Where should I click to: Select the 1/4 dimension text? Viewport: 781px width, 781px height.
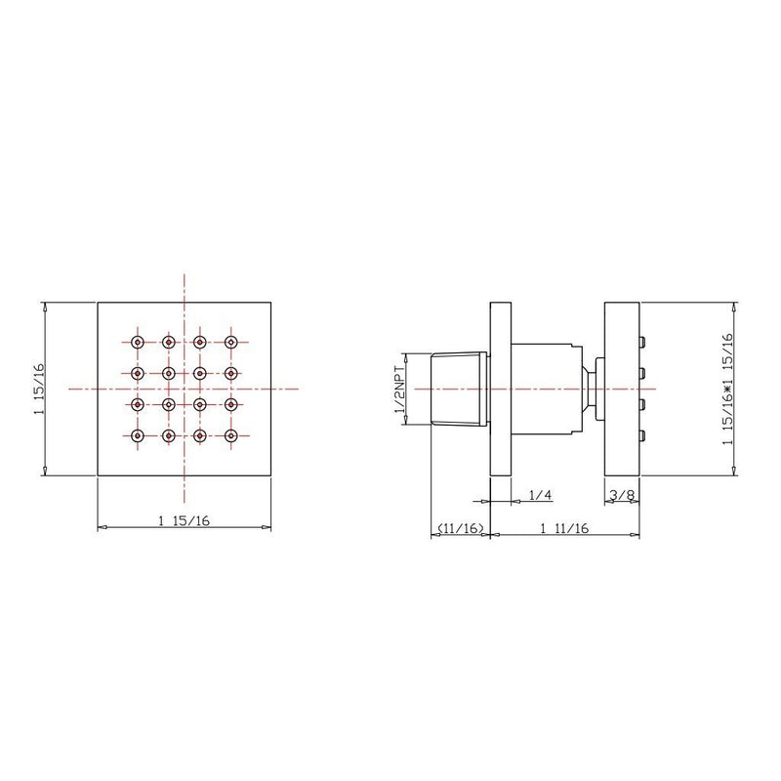tap(540, 496)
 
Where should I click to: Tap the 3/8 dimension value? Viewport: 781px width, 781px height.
tap(622, 496)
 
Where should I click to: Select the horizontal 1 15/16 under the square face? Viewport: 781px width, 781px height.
tap(183, 519)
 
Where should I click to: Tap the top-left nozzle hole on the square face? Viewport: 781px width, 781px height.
tap(137, 342)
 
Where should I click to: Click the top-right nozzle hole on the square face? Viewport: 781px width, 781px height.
tap(231, 342)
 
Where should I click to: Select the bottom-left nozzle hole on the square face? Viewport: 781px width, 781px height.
tap(137, 434)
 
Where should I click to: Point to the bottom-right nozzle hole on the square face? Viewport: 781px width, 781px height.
tap(231, 434)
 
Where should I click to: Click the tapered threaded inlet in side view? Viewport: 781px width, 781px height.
tap(460, 388)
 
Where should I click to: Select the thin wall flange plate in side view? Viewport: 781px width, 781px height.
tap(501, 388)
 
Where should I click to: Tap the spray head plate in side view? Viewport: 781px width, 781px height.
tap(621, 388)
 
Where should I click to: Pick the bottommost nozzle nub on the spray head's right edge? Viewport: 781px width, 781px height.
tap(643, 434)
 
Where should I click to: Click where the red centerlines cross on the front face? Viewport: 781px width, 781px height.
tap(183, 388)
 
